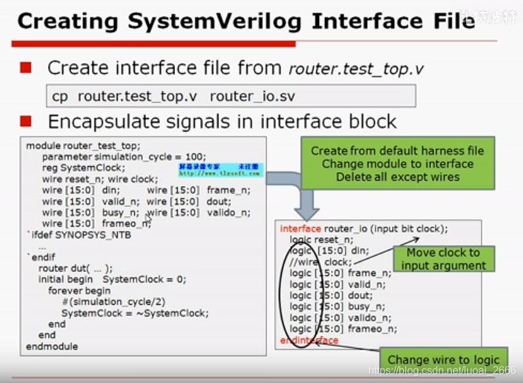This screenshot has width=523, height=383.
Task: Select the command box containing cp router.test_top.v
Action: [231, 96]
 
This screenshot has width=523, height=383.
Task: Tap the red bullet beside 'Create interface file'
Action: [26, 67]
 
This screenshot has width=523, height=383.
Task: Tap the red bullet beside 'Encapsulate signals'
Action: [26, 121]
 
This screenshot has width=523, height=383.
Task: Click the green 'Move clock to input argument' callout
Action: [443, 259]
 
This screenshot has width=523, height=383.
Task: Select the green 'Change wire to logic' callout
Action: [443, 359]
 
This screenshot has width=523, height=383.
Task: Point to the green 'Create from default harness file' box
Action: [397, 164]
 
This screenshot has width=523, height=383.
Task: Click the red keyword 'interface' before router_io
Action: [301, 229]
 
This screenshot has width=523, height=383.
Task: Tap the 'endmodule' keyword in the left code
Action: [51, 346]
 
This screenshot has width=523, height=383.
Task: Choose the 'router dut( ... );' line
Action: [75, 268]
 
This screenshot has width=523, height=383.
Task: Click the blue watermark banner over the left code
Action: [220, 170]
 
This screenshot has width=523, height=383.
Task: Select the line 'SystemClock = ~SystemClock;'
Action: [135, 313]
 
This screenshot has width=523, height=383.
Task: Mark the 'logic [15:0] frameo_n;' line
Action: [343, 329]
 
